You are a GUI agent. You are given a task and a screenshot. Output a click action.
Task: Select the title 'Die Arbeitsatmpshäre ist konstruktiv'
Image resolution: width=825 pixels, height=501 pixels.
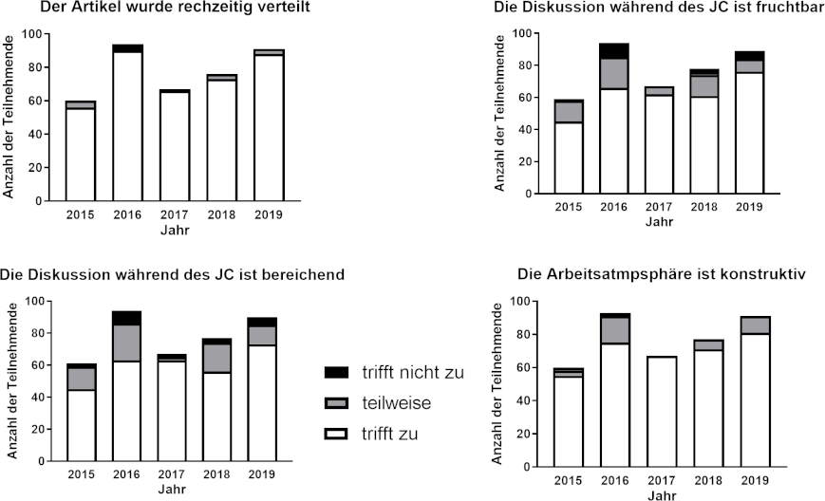point(662,274)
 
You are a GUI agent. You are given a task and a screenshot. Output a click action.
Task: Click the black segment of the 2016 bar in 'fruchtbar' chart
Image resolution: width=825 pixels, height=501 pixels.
point(613,50)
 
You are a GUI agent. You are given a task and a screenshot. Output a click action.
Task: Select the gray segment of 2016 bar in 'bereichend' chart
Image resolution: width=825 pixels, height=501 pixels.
point(127,343)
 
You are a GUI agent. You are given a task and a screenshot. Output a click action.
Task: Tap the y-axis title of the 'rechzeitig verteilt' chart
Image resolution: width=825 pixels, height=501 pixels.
point(9,117)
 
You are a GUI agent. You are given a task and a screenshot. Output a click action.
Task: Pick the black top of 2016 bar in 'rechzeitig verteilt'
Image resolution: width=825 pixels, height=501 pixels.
point(127,47)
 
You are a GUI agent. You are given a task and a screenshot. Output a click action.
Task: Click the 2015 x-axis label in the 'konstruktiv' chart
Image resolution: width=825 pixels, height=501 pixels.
point(568,482)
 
